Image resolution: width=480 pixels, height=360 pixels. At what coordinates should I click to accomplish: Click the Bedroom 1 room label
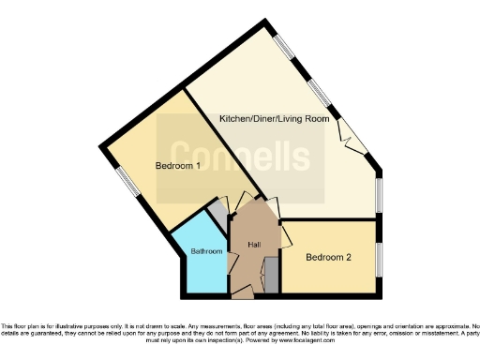coord(178,167)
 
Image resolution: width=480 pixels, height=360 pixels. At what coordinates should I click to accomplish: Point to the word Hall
coord(253,245)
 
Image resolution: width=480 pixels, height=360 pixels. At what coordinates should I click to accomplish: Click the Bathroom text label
coord(206,252)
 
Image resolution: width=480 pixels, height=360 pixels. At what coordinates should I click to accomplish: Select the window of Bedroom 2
coord(380,255)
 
